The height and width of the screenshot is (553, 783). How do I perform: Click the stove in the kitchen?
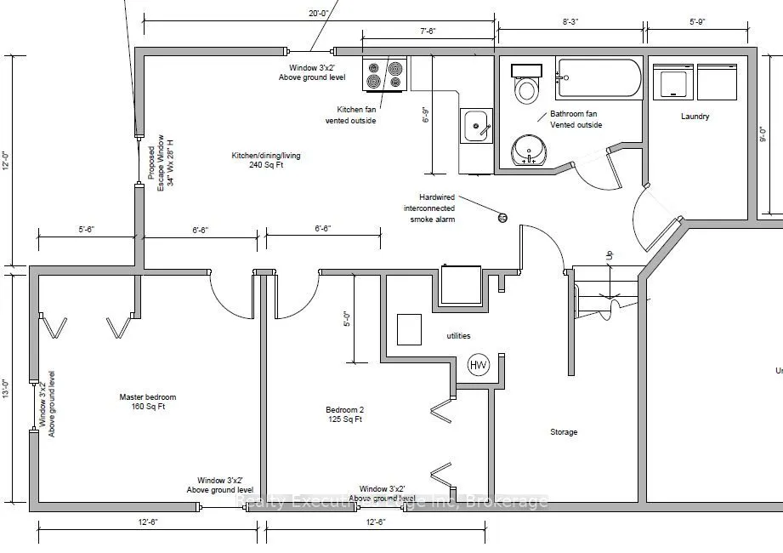click(x=384, y=75)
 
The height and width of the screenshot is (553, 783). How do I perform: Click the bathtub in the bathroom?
click(x=599, y=77)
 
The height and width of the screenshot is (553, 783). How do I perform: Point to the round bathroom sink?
click(x=530, y=152)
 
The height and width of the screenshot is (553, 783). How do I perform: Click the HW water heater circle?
click(x=479, y=365)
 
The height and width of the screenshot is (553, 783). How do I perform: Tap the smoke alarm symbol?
click(x=502, y=219)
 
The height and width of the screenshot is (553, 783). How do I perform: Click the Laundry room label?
click(x=695, y=117)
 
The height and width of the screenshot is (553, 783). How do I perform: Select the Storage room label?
click(x=563, y=432)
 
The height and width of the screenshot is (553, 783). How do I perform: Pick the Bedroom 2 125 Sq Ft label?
click(x=345, y=413)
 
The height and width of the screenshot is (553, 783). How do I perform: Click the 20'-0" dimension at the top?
click(x=319, y=13)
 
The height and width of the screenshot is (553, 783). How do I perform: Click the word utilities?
click(x=458, y=336)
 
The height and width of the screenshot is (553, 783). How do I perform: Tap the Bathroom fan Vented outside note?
click(x=576, y=119)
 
